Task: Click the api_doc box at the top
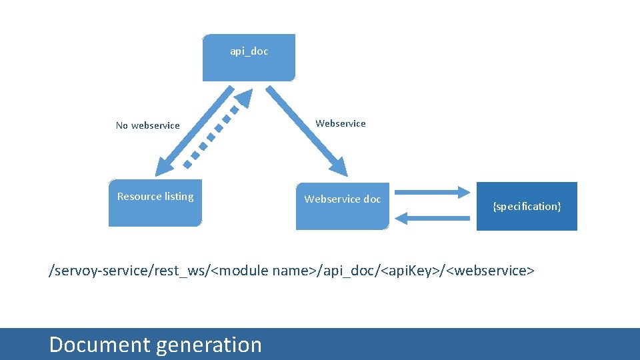click(249, 58)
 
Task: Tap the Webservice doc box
click(342, 205)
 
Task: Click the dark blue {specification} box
click(527, 206)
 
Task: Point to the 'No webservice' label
click(147, 125)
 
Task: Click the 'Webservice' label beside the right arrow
click(341, 123)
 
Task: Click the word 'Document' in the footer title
click(99, 345)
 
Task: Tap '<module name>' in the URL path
click(265, 271)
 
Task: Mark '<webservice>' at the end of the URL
click(491, 271)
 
